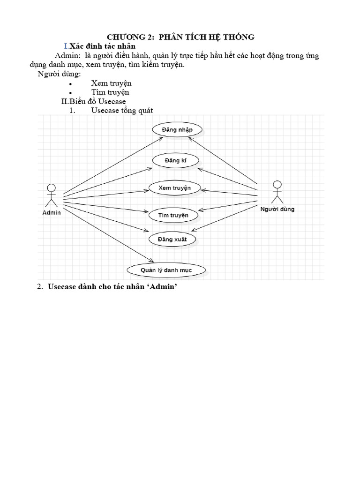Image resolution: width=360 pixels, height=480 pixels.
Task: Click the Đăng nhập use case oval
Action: [178, 129]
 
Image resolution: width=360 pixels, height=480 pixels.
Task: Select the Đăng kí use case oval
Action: [176, 161]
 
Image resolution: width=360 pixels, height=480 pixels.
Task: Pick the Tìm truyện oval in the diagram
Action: [170, 215]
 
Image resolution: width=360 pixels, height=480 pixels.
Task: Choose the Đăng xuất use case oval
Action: [172, 240]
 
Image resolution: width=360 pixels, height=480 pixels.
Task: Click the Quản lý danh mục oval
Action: [166, 270]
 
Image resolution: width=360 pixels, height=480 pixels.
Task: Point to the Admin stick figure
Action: [51, 195]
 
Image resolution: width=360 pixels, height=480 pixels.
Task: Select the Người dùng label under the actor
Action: [277, 209]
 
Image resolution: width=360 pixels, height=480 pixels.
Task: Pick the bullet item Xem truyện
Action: [111, 83]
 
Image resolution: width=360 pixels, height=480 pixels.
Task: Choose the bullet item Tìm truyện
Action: [110, 92]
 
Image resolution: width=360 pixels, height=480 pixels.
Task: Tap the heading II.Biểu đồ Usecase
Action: [94, 101]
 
